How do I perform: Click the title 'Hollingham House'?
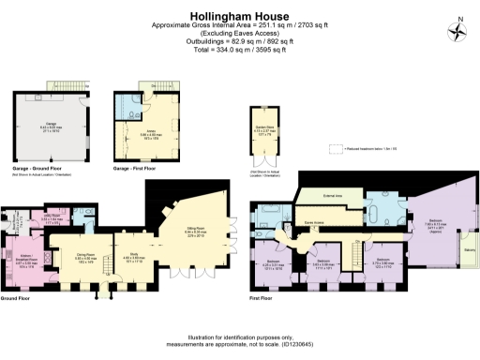coord(239,16)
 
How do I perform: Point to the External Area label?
coord(331,197)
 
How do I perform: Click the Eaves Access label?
coord(314,222)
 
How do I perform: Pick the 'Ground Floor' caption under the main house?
coord(17,298)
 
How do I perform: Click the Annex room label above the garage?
coord(149,132)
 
